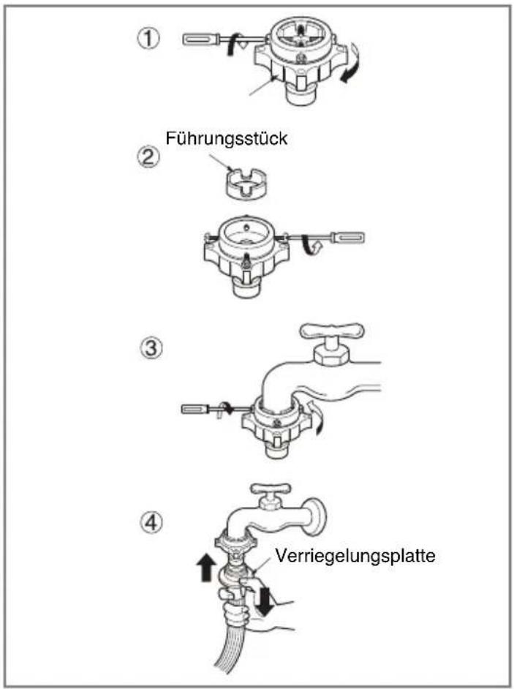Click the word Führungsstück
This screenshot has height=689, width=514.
(x=227, y=139)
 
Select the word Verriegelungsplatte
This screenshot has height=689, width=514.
(x=355, y=557)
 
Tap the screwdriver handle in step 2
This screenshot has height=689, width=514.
(x=349, y=237)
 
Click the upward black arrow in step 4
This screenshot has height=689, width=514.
(x=206, y=567)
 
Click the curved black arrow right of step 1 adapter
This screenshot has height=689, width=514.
(x=352, y=65)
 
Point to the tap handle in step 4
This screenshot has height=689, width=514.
(x=271, y=488)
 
